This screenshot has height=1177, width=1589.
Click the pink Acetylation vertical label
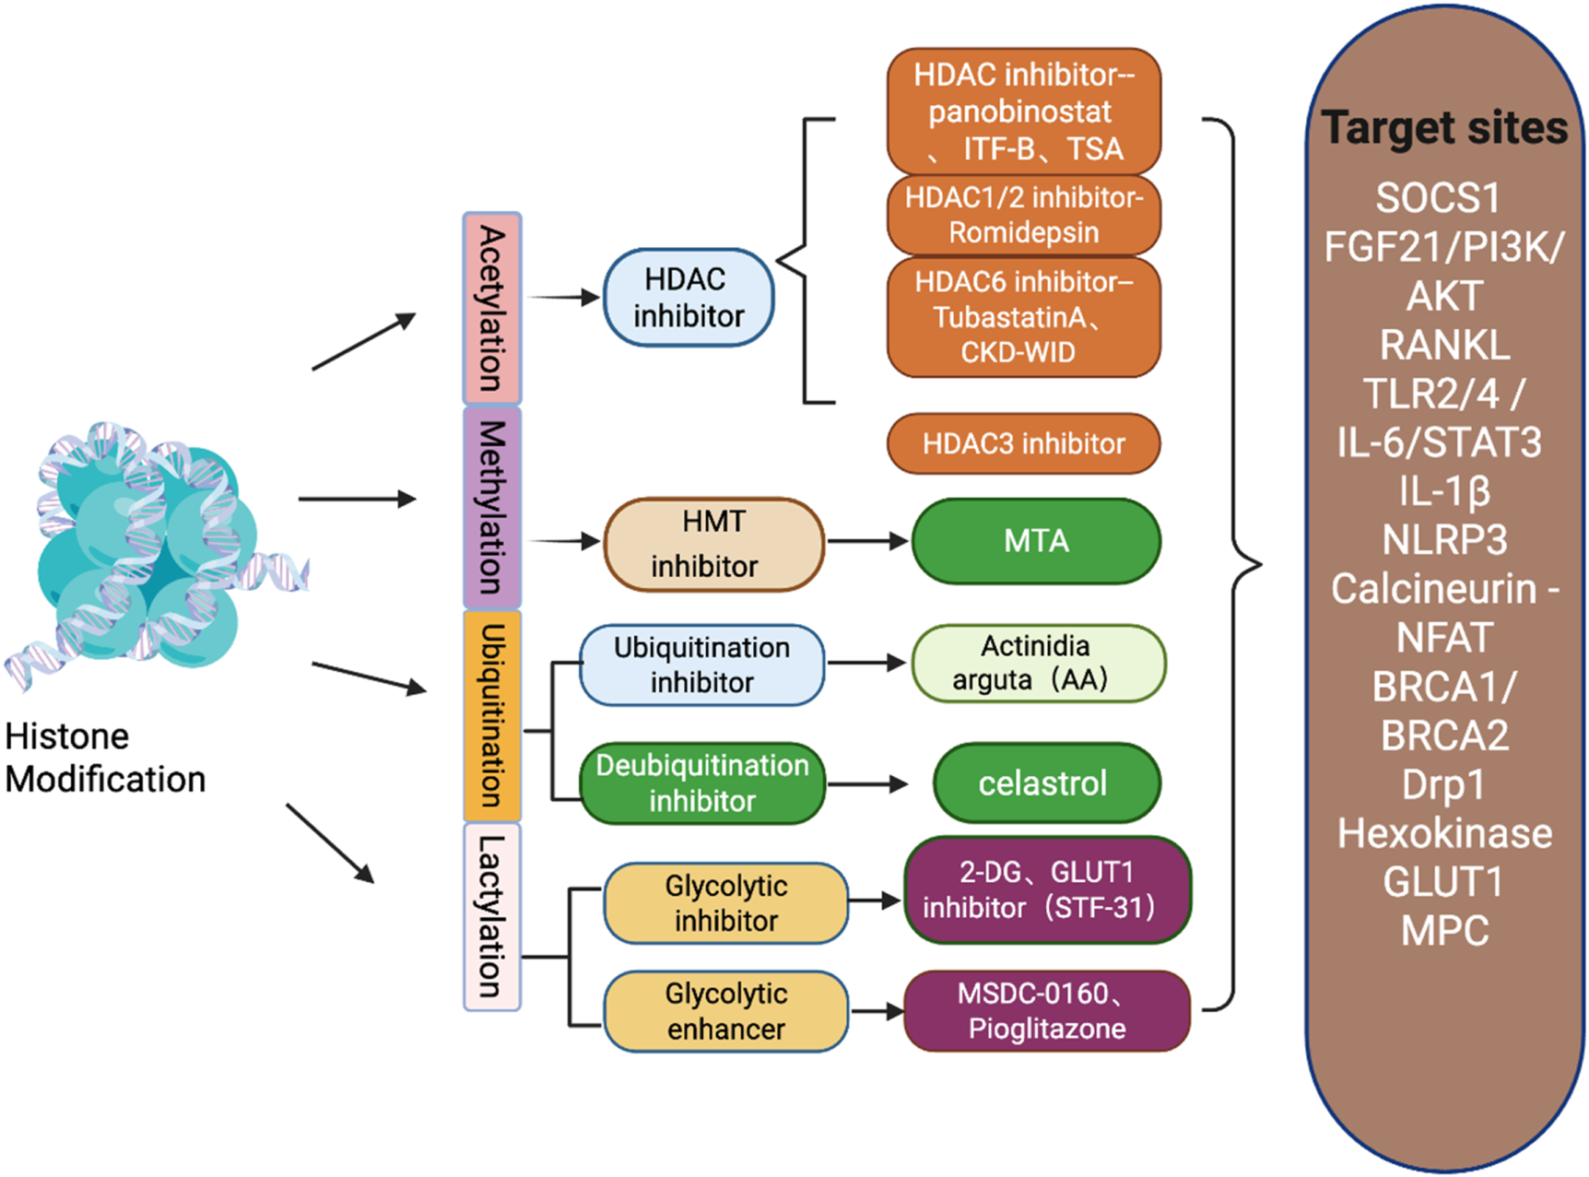click(492, 309)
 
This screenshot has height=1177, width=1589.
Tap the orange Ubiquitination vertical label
click(492, 715)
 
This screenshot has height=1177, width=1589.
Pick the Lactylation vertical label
click(492, 916)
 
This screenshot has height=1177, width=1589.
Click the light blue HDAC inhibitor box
click(688, 298)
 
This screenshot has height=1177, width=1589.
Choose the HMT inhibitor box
click(712, 544)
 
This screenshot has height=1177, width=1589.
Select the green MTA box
click(1036, 541)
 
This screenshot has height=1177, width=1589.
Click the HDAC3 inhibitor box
click(1023, 443)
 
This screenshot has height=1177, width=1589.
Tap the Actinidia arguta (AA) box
click(1038, 663)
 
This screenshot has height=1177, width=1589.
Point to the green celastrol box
click(1045, 783)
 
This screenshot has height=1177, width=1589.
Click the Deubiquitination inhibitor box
click(701, 783)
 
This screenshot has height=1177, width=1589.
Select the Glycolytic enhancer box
click(725, 1011)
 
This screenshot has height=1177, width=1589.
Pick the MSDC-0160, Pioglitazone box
click(1046, 1011)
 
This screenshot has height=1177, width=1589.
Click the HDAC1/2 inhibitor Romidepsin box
click(1023, 215)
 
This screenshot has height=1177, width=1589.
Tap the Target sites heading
click(1444, 127)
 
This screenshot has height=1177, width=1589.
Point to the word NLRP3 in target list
click(1444, 540)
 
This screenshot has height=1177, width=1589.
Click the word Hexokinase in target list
click(1444, 833)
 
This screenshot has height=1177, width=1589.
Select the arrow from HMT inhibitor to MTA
click(866, 541)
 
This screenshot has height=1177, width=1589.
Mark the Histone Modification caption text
click(104, 758)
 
